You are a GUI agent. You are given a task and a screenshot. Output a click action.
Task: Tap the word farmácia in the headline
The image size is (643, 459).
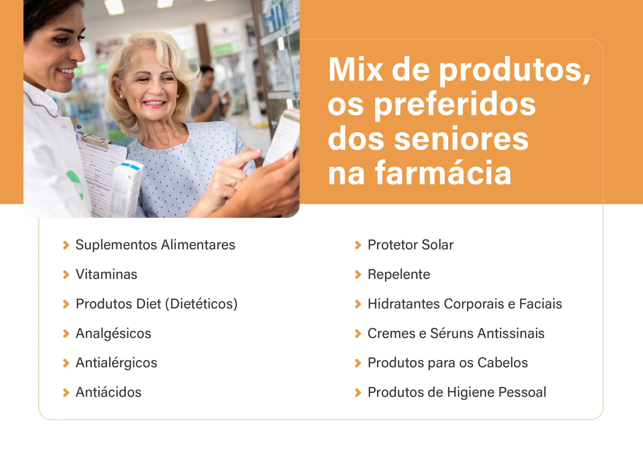coord(443,173)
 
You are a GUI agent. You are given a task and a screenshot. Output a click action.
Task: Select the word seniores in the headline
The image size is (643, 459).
coord(461,138)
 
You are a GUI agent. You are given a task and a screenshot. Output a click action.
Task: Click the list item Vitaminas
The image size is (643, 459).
coord(106,274)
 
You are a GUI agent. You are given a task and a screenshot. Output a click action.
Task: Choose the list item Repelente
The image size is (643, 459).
coord(399,274)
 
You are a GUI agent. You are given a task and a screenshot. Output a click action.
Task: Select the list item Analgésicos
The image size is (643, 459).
coord(113,334)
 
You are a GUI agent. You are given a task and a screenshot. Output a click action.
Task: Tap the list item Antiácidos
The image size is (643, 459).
coord(109,392)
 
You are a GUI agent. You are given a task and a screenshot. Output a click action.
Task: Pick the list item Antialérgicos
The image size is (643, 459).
coord(116,363)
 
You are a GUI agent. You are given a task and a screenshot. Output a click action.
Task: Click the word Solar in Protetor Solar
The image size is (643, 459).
coord(437,245)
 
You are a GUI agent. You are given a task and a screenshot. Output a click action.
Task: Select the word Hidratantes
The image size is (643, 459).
coord(404,304)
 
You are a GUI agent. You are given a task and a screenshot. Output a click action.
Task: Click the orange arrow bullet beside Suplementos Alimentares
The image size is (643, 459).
coord(66,245)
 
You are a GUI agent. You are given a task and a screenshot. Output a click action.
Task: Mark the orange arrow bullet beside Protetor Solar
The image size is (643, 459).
coord(358,245)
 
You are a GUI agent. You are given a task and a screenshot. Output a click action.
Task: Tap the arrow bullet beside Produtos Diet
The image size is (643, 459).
coord(66,304)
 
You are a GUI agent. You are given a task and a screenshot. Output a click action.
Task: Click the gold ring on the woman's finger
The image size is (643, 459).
coord(233,182)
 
